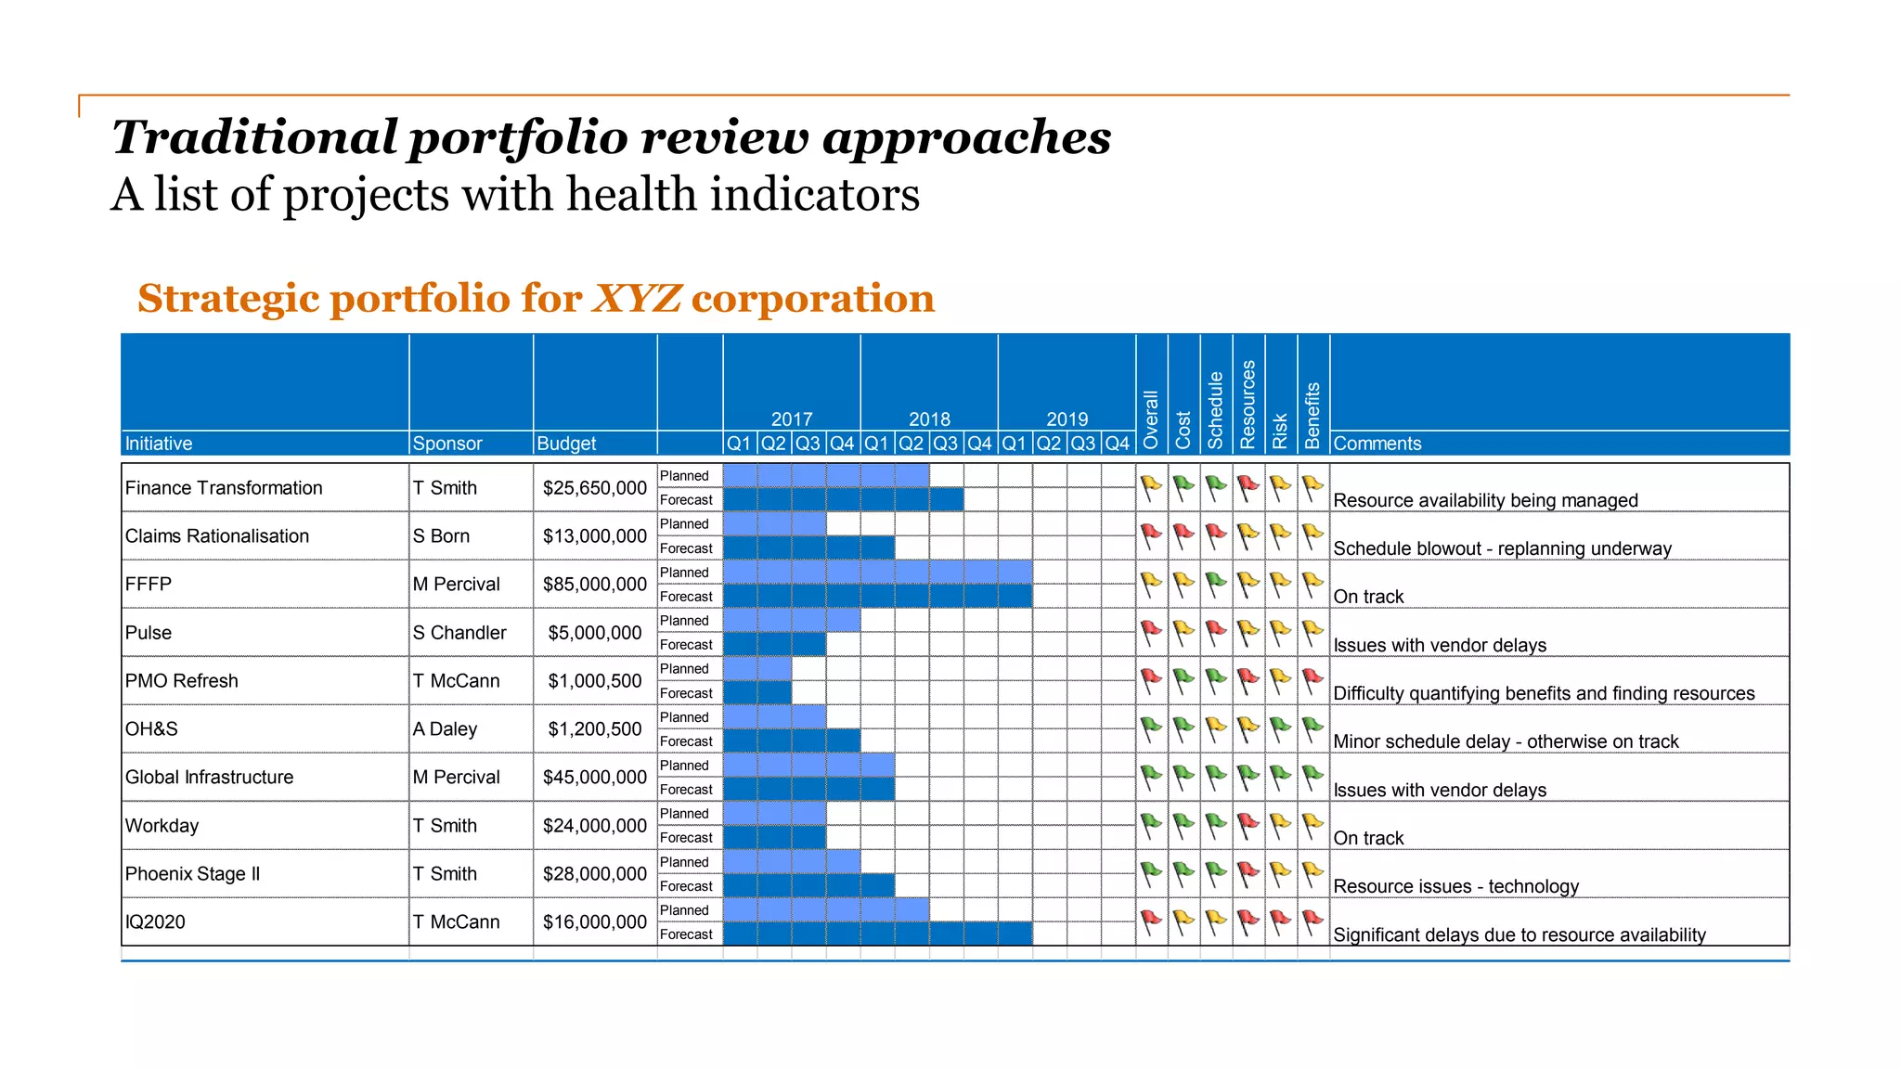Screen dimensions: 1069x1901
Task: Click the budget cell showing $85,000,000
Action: coord(594,585)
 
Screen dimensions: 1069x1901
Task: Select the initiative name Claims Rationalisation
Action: coord(216,536)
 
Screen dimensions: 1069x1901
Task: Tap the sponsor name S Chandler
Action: coord(459,633)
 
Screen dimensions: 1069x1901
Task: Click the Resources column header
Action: coord(1248,405)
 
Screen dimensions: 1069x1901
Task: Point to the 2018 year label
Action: coord(929,419)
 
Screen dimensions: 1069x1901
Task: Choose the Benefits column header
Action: coord(1313,415)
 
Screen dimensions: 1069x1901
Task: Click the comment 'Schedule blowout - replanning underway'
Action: coord(1502,548)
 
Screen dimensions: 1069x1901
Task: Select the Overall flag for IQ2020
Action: coord(1151,921)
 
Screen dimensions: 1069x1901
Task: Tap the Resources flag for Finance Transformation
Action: coord(1248,487)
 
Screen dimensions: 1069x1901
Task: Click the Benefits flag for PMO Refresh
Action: coord(1313,680)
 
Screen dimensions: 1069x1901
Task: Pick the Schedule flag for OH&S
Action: coord(1216,728)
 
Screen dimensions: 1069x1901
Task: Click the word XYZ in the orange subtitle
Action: coord(637,299)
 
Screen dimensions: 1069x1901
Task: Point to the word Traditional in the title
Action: coord(254,137)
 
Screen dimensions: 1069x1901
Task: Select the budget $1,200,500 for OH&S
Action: coord(594,729)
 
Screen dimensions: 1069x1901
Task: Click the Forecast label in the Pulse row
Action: coord(686,645)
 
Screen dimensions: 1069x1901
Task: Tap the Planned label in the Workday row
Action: coord(684,814)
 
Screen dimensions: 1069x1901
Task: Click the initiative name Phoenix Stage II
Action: coord(192,874)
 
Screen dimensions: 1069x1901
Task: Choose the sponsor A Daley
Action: coord(445,729)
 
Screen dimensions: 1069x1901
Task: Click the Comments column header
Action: coord(1377,444)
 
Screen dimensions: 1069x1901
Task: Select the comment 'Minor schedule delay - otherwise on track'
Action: coord(1506,741)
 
